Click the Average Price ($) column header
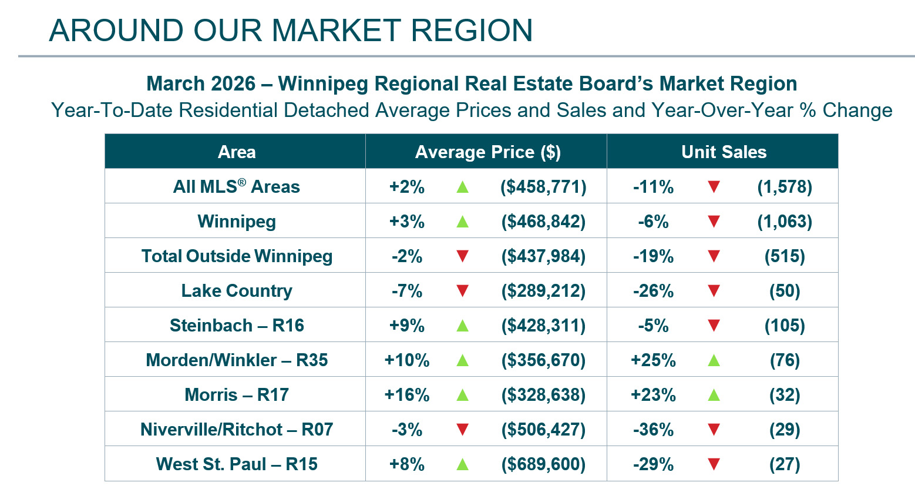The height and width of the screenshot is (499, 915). coord(487,152)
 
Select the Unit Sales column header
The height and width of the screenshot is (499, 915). coord(724,152)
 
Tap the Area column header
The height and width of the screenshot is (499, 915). coord(237,152)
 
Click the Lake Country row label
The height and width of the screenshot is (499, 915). coord(237,291)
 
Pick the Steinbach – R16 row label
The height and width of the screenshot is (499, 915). coord(237,326)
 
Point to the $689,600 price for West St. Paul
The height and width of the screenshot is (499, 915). coord(543,464)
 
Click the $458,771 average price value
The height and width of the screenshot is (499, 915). coord(543,187)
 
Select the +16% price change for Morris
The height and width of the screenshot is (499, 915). coord(406,395)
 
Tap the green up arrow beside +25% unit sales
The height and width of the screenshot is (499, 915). coord(714,360)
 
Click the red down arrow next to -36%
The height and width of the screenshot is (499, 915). coord(714,430)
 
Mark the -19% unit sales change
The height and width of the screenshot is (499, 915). coord(653,256)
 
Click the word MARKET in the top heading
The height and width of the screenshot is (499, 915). coord(336,31)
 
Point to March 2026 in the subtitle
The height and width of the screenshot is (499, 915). coord(201,83)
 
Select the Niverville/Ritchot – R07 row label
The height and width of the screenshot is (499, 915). coord(237,430)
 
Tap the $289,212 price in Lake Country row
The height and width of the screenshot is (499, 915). coord(543,291)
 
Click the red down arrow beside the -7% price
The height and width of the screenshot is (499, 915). coord(462,291)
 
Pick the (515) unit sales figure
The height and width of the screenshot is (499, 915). coord(785,256)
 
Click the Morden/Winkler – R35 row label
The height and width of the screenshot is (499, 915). coord(237,360)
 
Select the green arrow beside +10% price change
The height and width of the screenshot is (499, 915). coord(462,360)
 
